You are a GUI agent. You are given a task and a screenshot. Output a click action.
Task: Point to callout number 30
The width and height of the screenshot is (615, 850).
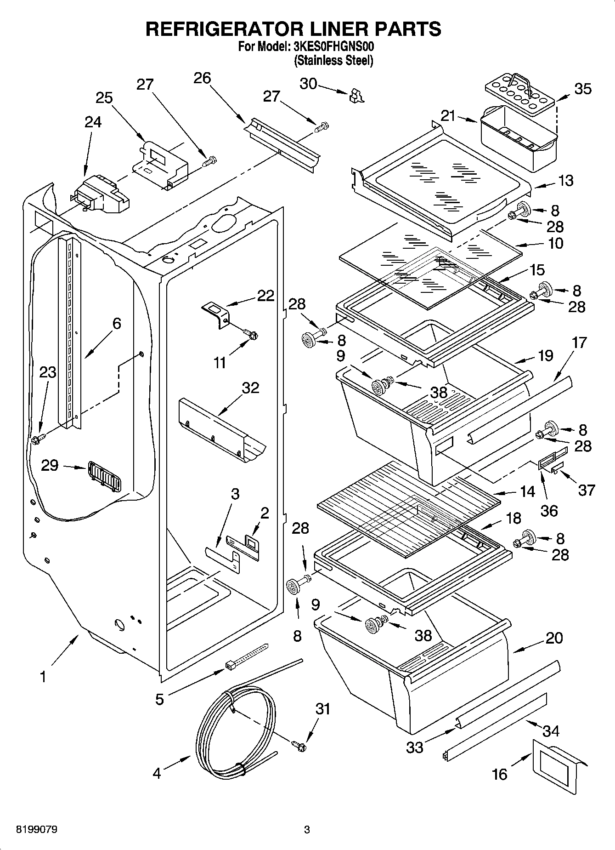pyautogui.click(x=308, y=84)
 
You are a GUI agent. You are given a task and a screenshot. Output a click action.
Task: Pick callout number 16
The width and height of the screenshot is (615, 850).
pyautogui.click(x=499, y=774)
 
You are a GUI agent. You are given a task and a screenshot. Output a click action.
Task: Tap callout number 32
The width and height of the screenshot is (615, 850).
pyautogui.click(x=250, y=388)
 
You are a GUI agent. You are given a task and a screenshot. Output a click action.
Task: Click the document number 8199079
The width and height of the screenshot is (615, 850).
pyautogui.click(x=37, y=830)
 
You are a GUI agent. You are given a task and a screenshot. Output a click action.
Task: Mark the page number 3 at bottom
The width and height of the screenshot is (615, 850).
pyautogui.click(x=307, y=830)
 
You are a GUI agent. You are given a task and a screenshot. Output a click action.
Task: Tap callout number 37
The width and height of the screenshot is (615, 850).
pyautogui.click(x=586, y=490)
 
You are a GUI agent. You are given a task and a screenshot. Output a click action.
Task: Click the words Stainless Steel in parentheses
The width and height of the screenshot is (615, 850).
pyautogui.click(x=333, y=60)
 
